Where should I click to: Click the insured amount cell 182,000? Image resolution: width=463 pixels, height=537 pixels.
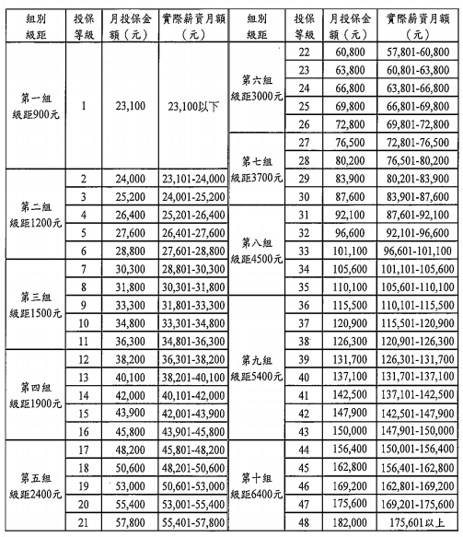tap(350, 522)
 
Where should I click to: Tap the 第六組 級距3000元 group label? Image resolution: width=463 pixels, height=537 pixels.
tap(256, 88)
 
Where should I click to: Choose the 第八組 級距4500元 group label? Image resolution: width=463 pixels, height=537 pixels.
tap(256, 251)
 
